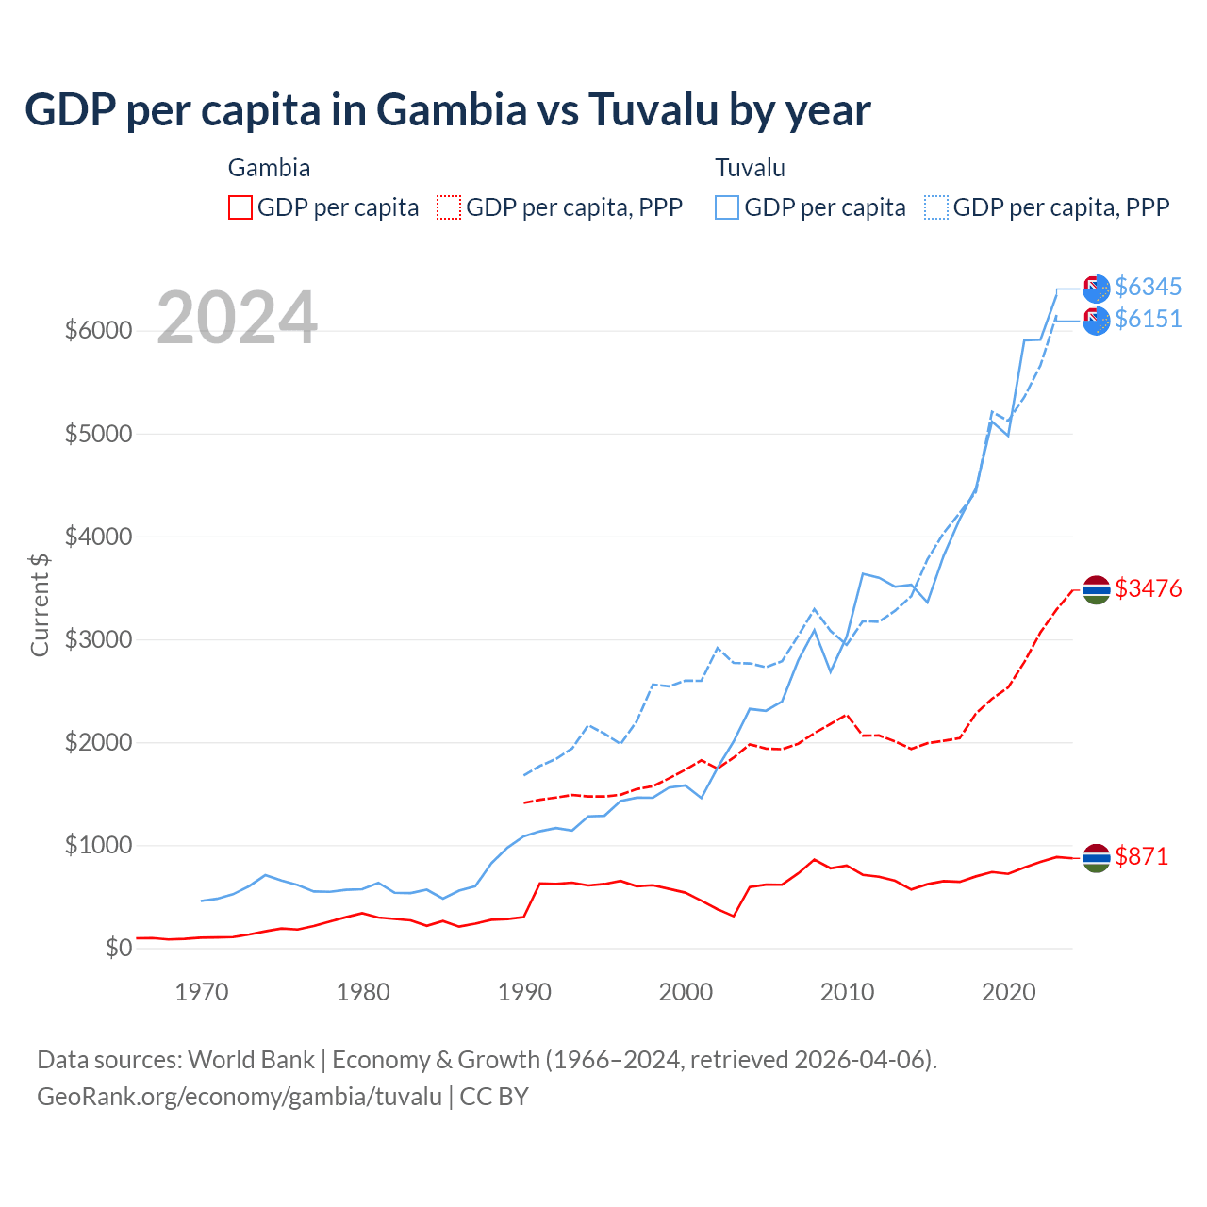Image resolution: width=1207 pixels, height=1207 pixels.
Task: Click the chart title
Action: (x=447, y=109)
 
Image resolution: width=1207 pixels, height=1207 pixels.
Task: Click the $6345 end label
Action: (x=1148, y=287)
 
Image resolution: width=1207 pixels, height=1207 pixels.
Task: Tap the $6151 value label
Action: (x=1148, y=320)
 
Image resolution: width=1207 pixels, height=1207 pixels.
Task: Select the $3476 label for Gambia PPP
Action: (x=1148, y=589)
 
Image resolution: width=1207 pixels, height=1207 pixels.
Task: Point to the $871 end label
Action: (x=1141, y=857)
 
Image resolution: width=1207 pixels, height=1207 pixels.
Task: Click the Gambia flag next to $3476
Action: (x=1096, y=590)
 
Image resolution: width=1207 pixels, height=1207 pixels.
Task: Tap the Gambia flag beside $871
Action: (x=1096, y=858)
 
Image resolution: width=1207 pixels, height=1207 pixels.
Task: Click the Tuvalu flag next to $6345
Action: (x=1096, y=289)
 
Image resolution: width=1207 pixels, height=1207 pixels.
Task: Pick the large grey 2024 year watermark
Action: (x=237, y=319)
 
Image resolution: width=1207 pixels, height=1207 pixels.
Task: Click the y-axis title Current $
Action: (x=40, y=603)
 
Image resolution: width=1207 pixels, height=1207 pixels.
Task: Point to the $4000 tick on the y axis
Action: (x=98, y=537)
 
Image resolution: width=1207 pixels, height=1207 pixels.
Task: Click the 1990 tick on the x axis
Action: (x=524, y=992)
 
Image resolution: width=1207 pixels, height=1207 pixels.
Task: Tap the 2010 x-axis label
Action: (x=847, y=992)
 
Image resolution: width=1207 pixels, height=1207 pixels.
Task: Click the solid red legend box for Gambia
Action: (x=240, y=207)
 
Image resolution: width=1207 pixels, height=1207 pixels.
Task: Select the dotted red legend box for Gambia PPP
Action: (x=450, y=207)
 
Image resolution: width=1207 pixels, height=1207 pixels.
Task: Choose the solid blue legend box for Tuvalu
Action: (x=727, y=207)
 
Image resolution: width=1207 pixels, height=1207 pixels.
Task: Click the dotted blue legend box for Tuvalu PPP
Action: (x=936, y=207)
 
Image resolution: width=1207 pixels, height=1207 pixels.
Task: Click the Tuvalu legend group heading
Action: (x=750, y=169)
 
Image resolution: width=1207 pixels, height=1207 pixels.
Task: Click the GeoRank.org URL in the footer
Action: (x=240, y=1097)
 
